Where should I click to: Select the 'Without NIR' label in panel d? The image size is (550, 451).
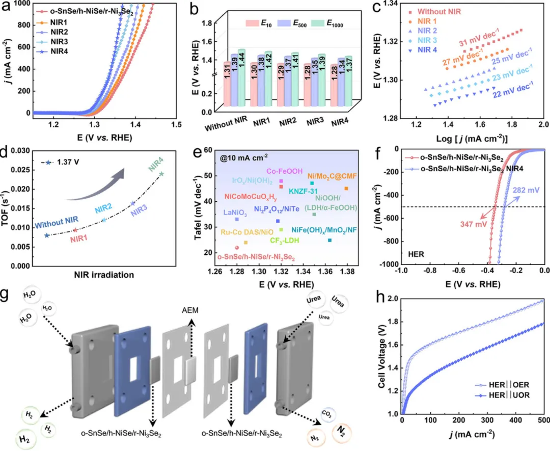[x=57, y=220]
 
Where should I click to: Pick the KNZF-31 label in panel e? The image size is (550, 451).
[x=305, y=191]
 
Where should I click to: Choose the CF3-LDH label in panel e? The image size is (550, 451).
[x=284, y=240]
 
